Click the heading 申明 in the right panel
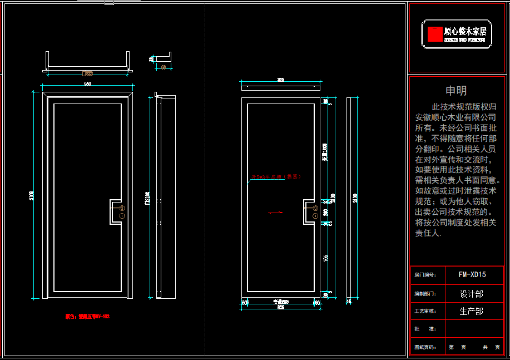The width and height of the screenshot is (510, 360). (456, 91)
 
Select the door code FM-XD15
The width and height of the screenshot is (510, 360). (472, 274)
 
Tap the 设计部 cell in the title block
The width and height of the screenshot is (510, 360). (471, 293)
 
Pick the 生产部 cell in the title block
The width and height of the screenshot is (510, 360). (471, 311)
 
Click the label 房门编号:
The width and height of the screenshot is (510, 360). (425, 275)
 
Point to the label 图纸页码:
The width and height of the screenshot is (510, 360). (425, 347)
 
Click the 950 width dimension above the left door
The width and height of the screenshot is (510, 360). (87, 84)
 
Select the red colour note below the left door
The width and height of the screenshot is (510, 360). (87, 316)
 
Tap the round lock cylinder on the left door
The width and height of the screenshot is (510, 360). (121, 215)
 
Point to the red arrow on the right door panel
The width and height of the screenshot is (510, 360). (276, 212)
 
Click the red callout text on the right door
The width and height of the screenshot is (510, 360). (276, 177)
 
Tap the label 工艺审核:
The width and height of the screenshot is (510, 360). (425, 311)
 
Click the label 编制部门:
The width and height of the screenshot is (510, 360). (425, 293)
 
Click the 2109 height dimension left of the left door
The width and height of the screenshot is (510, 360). (32, 195)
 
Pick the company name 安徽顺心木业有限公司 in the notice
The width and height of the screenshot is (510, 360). (455, 117)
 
